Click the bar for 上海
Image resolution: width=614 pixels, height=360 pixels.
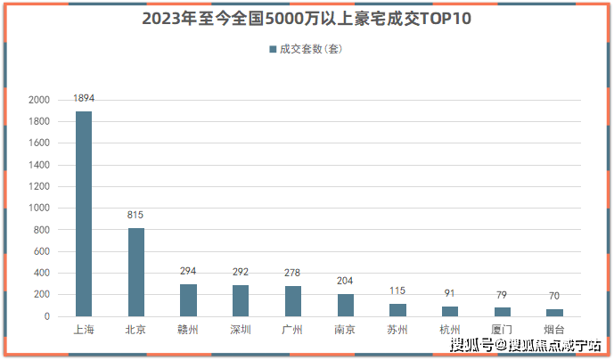(84, 214)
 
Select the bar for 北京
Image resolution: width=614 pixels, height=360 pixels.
(136, 272)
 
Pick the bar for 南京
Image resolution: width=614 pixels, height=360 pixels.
(345, 305)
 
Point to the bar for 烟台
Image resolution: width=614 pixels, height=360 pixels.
(554, 313)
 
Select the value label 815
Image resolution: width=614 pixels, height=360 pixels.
(135, 215)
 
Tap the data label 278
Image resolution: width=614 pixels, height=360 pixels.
(293, 273)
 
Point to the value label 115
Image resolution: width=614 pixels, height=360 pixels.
(397, 290)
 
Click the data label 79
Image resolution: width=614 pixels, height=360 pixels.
(502, 295)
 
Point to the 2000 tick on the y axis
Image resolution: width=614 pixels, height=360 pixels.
(40, 100)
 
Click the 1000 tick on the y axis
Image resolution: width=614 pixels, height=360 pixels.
(40, 209)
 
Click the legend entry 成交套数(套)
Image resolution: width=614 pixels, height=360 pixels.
(307, 49)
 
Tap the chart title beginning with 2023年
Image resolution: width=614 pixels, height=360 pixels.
(307, 19)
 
